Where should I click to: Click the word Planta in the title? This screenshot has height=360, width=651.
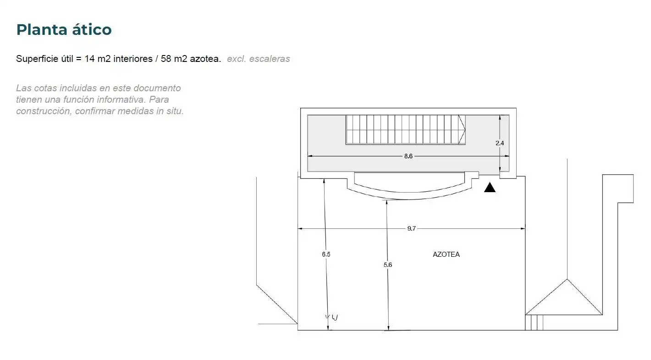pyautogui.click(x=42, y=30)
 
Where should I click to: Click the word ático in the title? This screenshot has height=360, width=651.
pyautogui.click(x=92, y=29)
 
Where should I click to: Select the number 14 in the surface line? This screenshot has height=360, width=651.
pyautogui.click(x=90, y=59)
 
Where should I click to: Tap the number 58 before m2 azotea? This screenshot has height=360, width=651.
pyautogui.click(x=166, y=59)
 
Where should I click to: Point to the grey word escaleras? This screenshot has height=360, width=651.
pyautogui.click(x=270, y=59)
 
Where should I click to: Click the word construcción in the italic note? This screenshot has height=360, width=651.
pyautogui.click(x=44, y=111)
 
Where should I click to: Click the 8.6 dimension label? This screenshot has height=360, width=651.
pyautogui.click(x=408, y=156)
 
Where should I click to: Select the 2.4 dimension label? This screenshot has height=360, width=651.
pyautogui.click(x=500, y=143)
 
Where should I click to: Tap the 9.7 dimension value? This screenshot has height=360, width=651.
pyautogui.click(x=412, y=228)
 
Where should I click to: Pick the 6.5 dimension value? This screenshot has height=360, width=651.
pyautogui.click(x=326, y=254)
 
